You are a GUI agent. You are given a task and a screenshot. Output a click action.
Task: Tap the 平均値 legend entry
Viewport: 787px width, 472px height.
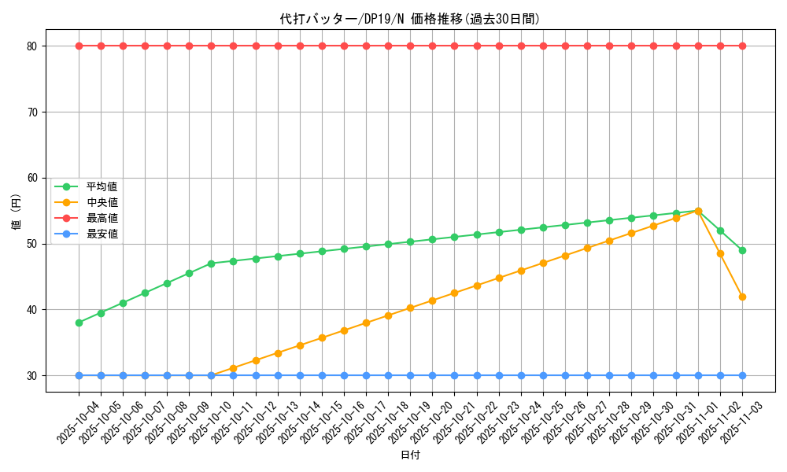[x=102, y=186]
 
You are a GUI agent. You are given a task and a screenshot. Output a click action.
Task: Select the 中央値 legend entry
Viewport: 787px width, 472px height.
[x=102, y=202]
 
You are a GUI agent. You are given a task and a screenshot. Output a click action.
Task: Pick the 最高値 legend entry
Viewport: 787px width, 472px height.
[x=102, y=218]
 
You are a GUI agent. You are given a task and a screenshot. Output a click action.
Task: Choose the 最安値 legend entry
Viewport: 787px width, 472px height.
[x=102, y=234]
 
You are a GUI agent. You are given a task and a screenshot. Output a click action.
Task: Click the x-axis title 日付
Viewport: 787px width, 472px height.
[x=410, y=455]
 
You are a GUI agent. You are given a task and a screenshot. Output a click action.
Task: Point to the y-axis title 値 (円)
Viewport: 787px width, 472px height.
[x=17, y=211]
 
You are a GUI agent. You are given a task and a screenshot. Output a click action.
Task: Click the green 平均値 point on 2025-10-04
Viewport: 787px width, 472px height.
[x=79, y=323]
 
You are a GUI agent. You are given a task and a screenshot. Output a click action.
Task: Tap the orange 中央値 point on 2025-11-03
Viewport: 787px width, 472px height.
[x=742, y=297]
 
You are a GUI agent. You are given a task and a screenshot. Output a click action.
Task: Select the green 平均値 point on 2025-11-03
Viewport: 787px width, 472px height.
[x=742, y=250]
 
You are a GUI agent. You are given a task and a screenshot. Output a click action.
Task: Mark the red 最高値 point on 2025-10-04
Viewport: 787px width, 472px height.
[x=79, y=46]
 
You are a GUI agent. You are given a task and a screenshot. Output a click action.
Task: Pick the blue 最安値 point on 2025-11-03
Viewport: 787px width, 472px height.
[x=742, y=375]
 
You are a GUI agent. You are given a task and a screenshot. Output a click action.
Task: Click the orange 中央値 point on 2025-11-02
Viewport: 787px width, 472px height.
[x=720, y=253]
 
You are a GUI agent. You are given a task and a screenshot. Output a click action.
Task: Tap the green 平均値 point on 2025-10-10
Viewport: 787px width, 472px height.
[x=211, y=264]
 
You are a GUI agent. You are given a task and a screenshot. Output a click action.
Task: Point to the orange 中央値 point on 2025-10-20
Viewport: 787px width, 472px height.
[x=432, y=301]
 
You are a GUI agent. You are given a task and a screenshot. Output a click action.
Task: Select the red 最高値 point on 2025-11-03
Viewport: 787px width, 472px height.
[x=742, y=46]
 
